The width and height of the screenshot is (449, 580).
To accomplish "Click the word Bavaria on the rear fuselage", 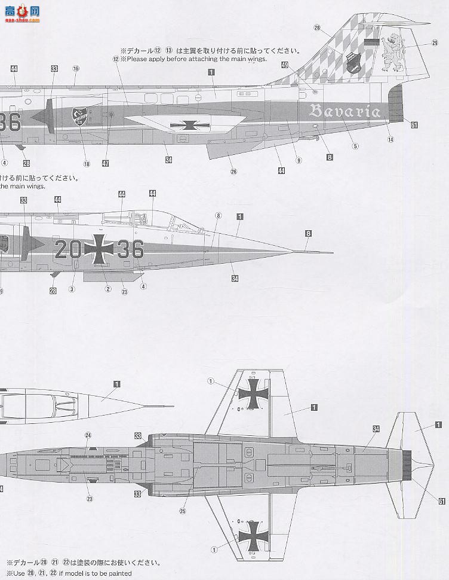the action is coord(345,111).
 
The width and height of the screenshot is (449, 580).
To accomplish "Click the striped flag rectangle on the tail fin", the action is coord(371,42).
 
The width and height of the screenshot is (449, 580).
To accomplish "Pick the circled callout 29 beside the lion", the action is coord(435,42).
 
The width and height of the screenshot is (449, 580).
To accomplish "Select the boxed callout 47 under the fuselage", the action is coord(105,163).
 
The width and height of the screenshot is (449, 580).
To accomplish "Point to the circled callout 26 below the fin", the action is coord(233,172).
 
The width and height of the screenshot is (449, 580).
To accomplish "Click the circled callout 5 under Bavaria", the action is coord(355,146).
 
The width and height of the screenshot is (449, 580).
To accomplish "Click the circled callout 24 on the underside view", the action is coord(88,435).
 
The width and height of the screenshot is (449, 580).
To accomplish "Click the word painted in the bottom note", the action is coord(116,573).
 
